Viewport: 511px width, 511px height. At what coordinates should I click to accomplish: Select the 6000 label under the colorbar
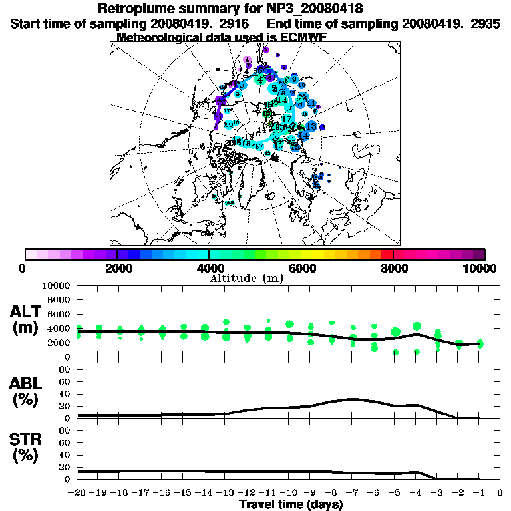[301, 268]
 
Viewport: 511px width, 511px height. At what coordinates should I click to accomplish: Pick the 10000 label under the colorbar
[480, 268]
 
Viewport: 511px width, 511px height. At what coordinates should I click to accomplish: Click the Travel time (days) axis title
[291, 504]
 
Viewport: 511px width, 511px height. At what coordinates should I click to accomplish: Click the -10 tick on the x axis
[289, 492]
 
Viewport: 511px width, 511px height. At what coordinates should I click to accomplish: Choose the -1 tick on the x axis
[479, 492]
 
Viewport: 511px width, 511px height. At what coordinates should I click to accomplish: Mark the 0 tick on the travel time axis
[500, 492]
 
